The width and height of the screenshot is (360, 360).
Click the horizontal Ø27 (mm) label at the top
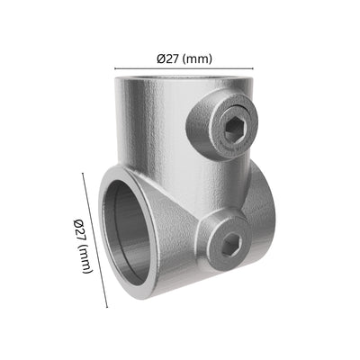pyautogui.click(x=184, y=58)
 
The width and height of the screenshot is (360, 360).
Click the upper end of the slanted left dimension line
pyautogui.click(x=83, y=174)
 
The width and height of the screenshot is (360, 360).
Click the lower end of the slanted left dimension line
pyautogui.click(x=106, y=307)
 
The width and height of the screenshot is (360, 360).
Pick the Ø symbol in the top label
pyautogui.click(x=160, y=58)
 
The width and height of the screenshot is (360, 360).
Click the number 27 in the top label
pyautogui.click(x=171, y=58)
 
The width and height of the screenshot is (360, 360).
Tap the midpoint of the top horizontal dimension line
pyautogui.click(x=184, y=68)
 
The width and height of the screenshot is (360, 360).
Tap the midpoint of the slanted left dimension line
pyautogui.click(x=94, y=240)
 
